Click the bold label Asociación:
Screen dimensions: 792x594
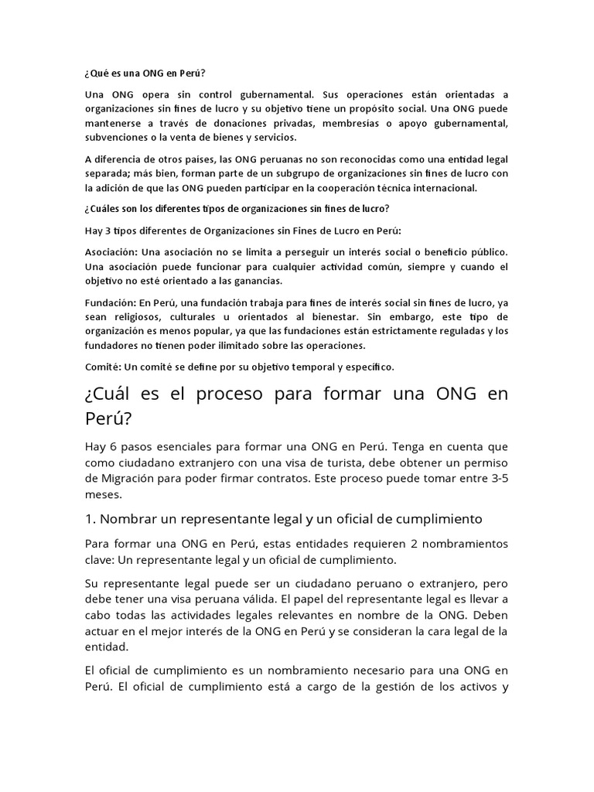point(111,253)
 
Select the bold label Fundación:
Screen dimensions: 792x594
point(110,302)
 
